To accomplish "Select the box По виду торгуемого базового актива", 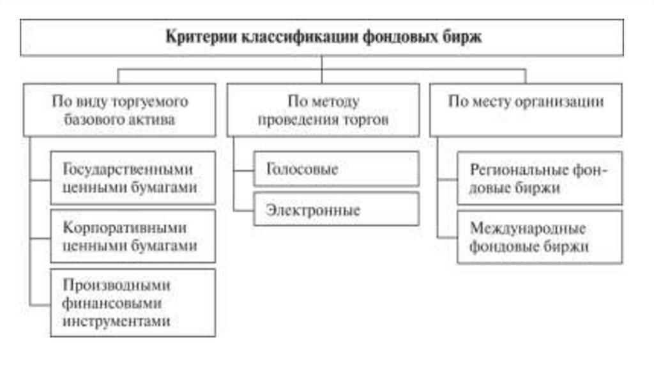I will [x=119, y=110].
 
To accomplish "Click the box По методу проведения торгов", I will [x=323, y=110].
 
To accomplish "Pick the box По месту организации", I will [x=526, y=110].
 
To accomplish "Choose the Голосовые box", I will [x=336, y=169].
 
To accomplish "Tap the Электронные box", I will [x=336, y=209].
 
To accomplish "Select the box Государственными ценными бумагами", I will [x=133, y=178].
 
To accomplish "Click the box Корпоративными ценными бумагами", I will [x=133, y=237].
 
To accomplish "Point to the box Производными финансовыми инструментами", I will [x=133, y=302].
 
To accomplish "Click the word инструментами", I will [x=117, y=320].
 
